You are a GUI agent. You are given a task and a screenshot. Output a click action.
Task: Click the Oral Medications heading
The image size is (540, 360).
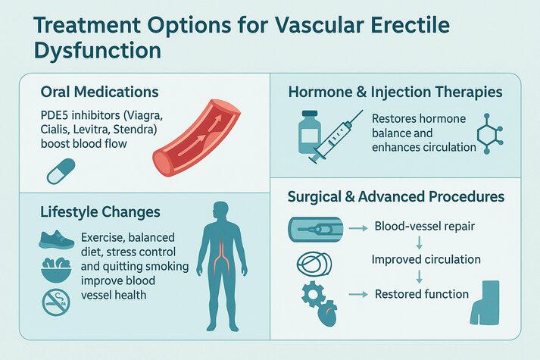point(100,92)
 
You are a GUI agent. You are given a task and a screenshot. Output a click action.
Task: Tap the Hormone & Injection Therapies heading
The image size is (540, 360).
point(395,92)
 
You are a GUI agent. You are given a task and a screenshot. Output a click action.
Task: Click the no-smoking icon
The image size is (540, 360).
point(55,302)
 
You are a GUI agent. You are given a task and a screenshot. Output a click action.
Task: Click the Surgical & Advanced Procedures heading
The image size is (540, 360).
point(396,197)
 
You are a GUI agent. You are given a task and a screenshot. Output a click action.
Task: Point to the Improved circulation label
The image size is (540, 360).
point(426,259)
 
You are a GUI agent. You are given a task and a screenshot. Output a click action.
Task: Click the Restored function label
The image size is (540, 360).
point(422,293)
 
